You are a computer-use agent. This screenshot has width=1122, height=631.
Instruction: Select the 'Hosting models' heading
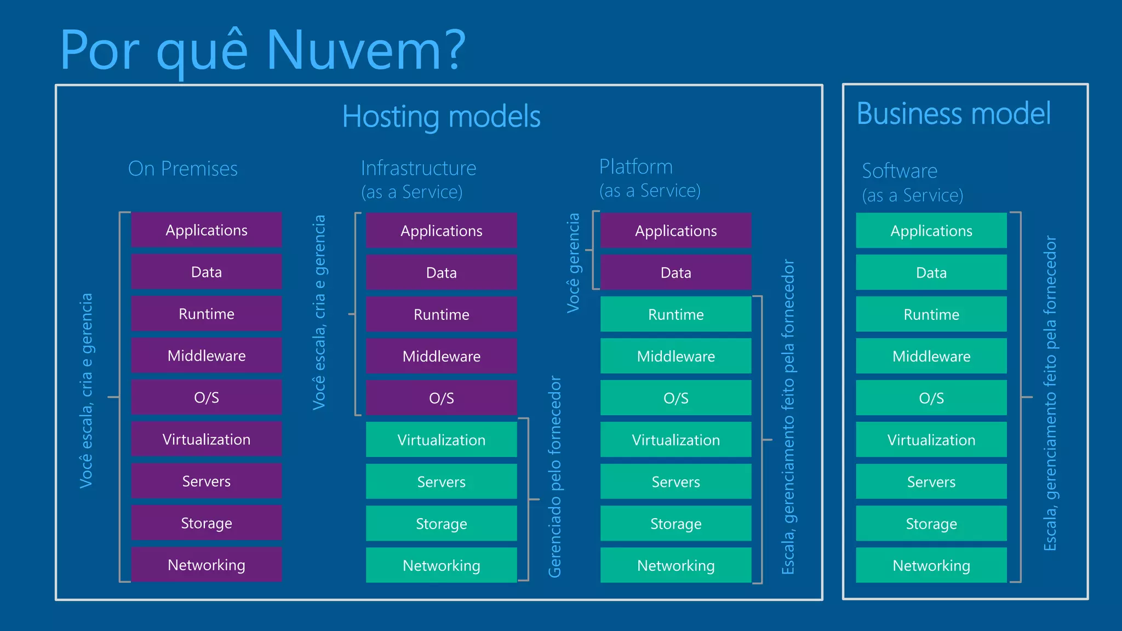441,117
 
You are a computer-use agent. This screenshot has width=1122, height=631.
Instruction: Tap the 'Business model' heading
953,114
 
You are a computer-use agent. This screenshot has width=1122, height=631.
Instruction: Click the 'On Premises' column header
183,169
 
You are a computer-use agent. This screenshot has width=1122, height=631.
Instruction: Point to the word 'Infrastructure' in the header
419,168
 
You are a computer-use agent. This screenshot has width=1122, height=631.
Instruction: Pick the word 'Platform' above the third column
636,167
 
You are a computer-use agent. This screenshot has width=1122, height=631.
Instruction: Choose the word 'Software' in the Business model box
900,171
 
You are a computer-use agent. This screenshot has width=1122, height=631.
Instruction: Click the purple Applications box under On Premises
207,230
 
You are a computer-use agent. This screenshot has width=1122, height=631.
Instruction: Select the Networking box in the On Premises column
207,565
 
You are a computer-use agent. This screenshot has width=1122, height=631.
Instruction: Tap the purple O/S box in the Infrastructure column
441,398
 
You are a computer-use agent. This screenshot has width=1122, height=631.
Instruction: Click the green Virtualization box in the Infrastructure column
441,440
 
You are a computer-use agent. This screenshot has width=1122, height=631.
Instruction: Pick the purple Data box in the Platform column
676,272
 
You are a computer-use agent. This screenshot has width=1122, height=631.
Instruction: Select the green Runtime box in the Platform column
676,314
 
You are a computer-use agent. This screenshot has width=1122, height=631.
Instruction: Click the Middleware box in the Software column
931,356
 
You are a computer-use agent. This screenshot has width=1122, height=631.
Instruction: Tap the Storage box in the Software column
931,524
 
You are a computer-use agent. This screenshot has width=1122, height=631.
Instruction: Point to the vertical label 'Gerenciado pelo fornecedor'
555,477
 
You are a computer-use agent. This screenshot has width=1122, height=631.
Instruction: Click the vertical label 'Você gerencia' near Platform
573,263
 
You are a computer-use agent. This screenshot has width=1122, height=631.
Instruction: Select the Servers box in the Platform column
676,482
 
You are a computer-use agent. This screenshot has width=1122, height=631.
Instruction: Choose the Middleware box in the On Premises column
207,356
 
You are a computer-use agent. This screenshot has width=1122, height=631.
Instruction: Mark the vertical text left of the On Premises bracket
86,390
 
